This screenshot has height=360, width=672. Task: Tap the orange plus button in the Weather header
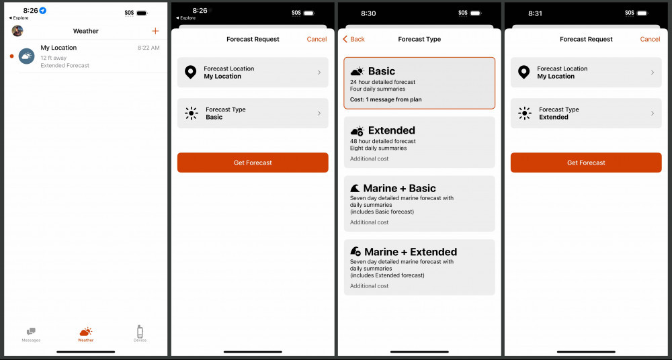pyautogui.click(x=156, y=31)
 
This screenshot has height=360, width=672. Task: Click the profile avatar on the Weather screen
pyautogui.click(x=17, y=31)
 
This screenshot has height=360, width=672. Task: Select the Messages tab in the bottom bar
pyautogui.click(x=31, y=334)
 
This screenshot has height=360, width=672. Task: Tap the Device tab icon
pyautogui.click(x=140, y=333)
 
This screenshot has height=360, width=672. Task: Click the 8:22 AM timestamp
pyautogui.click(x=149, y=48)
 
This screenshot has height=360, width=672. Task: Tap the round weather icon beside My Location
pyautogui.click(x=26, y=56)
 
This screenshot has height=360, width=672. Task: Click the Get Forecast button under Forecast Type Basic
pyautogui.click(x=253, y=163)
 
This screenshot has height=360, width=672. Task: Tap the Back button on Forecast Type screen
pyautogui.click(x=354, y=39)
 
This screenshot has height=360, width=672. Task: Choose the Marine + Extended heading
pyautogui.click(x=410, y=252)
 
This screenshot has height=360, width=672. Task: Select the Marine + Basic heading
pyautogui.click(x=399, y=189)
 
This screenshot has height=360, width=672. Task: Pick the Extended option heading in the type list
pyautogui.click(x=391, y=130)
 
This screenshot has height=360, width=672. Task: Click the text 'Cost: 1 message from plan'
pyautogui.click(x=386, y=99)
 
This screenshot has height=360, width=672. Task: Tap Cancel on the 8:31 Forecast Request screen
pyautogui.click(x=650, y=39)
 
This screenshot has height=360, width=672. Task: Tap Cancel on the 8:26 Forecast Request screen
pyautogui.click(x=317, y=39)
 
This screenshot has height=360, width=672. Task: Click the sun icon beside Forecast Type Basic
pyautogui.click(x=192, y=114)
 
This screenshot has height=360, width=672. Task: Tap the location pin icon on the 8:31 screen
pyautogui.click(x=524, y=73)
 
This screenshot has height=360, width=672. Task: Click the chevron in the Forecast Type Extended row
pyautogui.click(x=652, y=114)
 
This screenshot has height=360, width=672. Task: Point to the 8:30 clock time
pyautogui.click(x=368, y=13)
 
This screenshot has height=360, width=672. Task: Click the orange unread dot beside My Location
pyautogui.click(x=11, y=56)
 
